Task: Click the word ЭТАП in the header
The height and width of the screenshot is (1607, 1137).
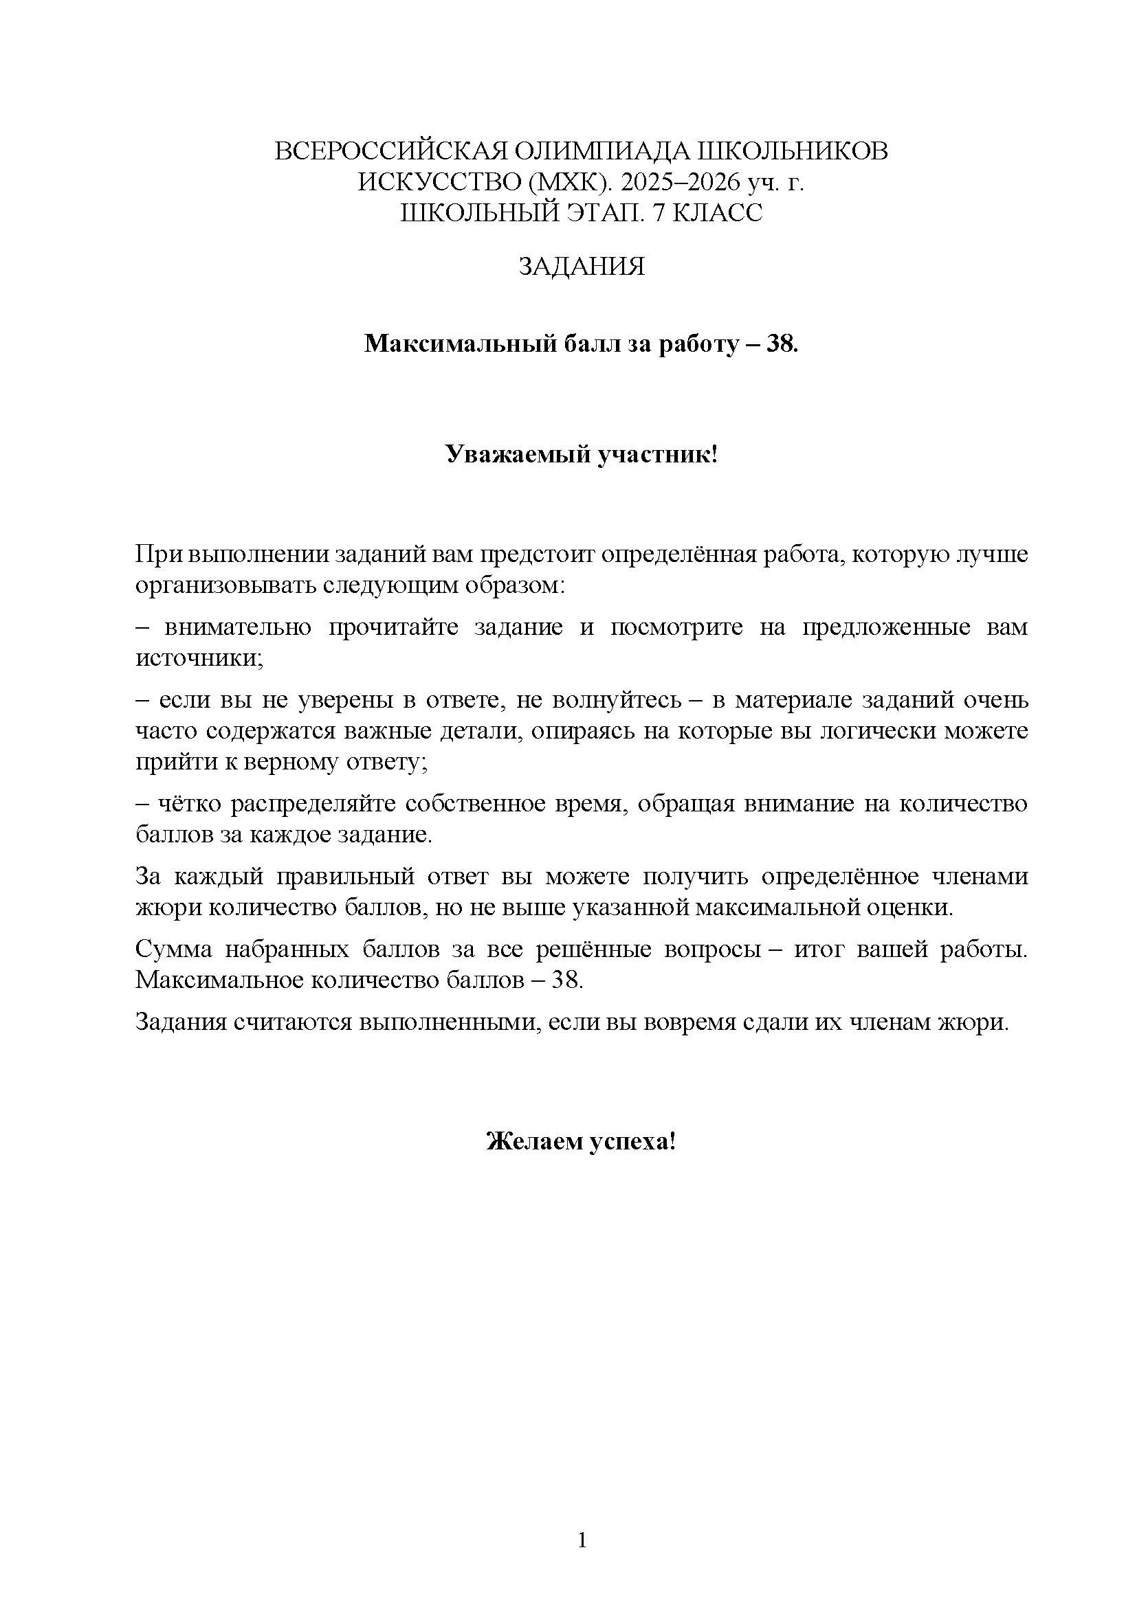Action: point(601,213)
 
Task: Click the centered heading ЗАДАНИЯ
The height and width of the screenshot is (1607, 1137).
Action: point(581,267)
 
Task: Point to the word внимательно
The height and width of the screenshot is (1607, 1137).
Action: point(239,627)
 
